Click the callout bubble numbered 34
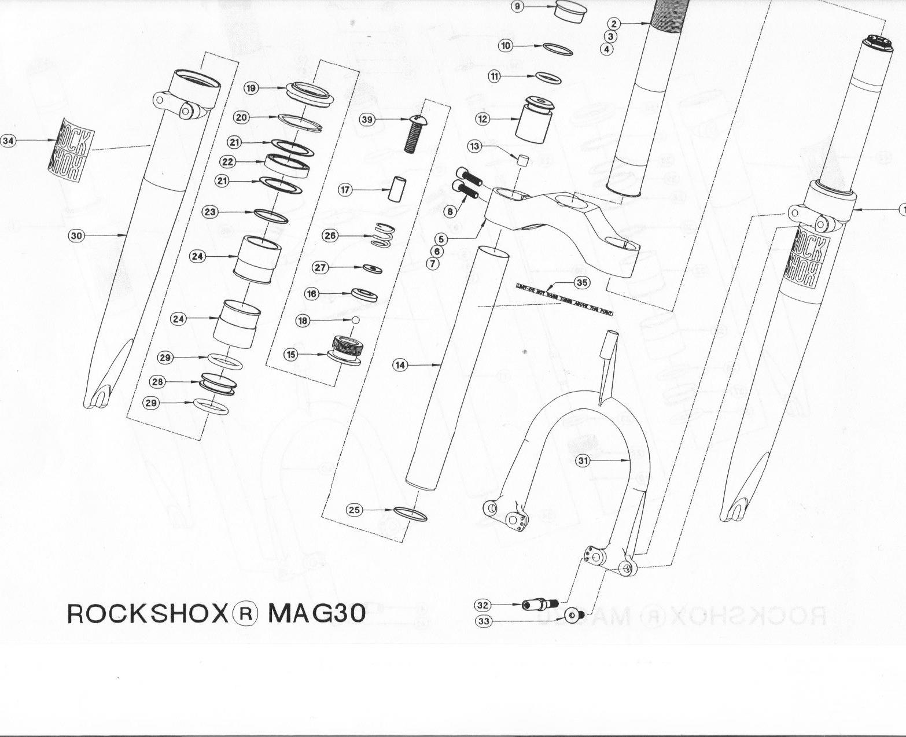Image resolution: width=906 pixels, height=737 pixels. (8, 141)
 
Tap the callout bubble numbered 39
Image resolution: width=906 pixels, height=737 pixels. (367, 119)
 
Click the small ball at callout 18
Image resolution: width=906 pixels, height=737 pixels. (356, 320)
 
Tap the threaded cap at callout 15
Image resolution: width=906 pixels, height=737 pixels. (345, 351)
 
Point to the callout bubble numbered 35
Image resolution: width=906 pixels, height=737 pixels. (582, 282)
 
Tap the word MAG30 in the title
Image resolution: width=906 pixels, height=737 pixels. (316, 614)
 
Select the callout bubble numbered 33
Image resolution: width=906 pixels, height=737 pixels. (483, 621)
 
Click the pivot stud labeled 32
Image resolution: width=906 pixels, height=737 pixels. (540, 605)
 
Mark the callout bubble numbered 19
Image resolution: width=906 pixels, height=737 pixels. (251, 88)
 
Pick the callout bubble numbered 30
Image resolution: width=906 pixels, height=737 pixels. (77, 235)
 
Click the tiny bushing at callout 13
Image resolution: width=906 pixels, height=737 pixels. (522, 159)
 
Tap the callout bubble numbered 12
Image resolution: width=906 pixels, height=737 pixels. (483, 119)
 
